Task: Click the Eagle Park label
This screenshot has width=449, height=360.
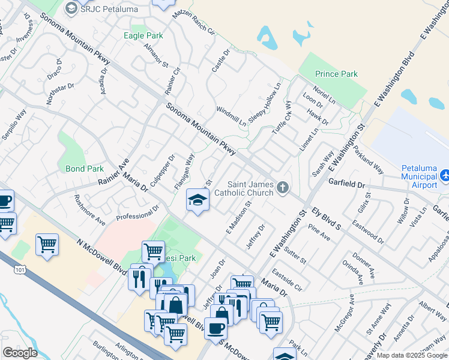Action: pyautogui.click(x=143, y=36)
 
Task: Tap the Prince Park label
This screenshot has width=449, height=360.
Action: pyautogui.click(x=337, y=74)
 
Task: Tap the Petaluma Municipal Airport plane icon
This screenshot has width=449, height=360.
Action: pyautogui.click(x=445, y=175)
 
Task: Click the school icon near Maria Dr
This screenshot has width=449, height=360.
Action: pyautogui.click(x=196, y=200)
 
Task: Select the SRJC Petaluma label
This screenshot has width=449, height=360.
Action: pyautogui.click(x=101, y=8)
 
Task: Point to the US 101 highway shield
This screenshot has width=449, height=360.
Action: pyautogui.click(x=20, y=270)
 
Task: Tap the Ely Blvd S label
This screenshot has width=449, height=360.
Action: pyautogui.click(x=326, y=219)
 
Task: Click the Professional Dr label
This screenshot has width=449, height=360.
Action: pyautogui.click(x=138, y=211)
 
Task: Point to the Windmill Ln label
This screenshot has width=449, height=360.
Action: pyautogui.click(x=231, y=115)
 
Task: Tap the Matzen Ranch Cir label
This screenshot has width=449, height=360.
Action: pyautogui.click(x=192, y=22)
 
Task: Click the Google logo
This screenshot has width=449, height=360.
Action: pyautogui.click(x=19, y=353)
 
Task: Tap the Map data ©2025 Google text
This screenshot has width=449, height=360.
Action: pyautogui.click(x=411, y=355)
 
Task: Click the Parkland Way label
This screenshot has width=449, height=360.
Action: pyautogui.click(x=368, y=159)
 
